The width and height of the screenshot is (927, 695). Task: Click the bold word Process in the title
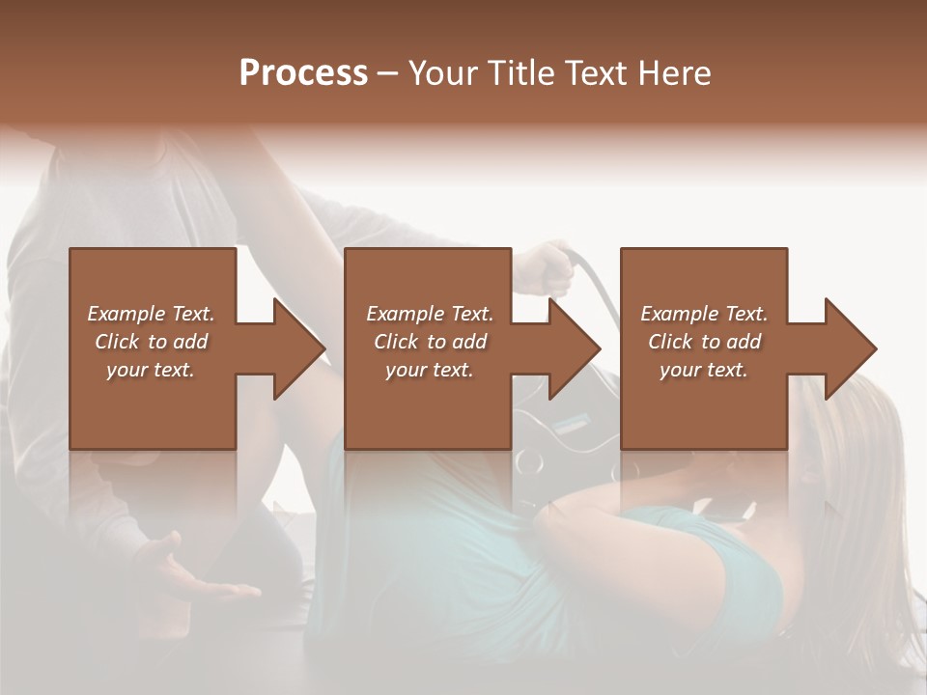pos(303,73)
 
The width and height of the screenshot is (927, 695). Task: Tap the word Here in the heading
pos(672,73)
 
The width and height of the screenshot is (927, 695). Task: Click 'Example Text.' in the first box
pos(151,314)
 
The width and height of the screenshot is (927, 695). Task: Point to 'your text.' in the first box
pos(151,370)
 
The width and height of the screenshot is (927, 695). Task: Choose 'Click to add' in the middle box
pos(430,342)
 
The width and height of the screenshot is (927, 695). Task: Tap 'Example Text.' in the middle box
pos(430,314)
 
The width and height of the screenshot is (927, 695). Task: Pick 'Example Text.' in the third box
pos(704,314)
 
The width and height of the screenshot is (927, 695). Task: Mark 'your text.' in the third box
pos(704,370)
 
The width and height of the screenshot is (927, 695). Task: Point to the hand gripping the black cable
pos(547,268)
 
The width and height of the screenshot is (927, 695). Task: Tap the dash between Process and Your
pos(387,73)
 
